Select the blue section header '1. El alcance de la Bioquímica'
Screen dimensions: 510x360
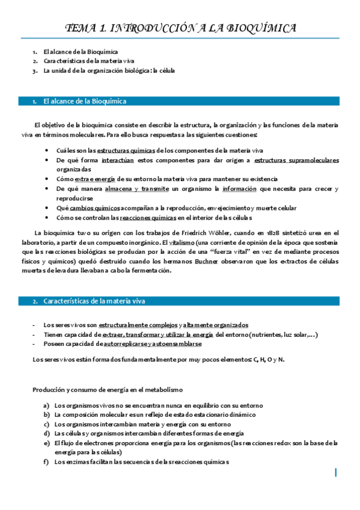84,101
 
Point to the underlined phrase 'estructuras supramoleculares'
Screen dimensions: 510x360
296,160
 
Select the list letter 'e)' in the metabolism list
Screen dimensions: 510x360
47,443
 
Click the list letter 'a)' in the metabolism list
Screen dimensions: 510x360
47,405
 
